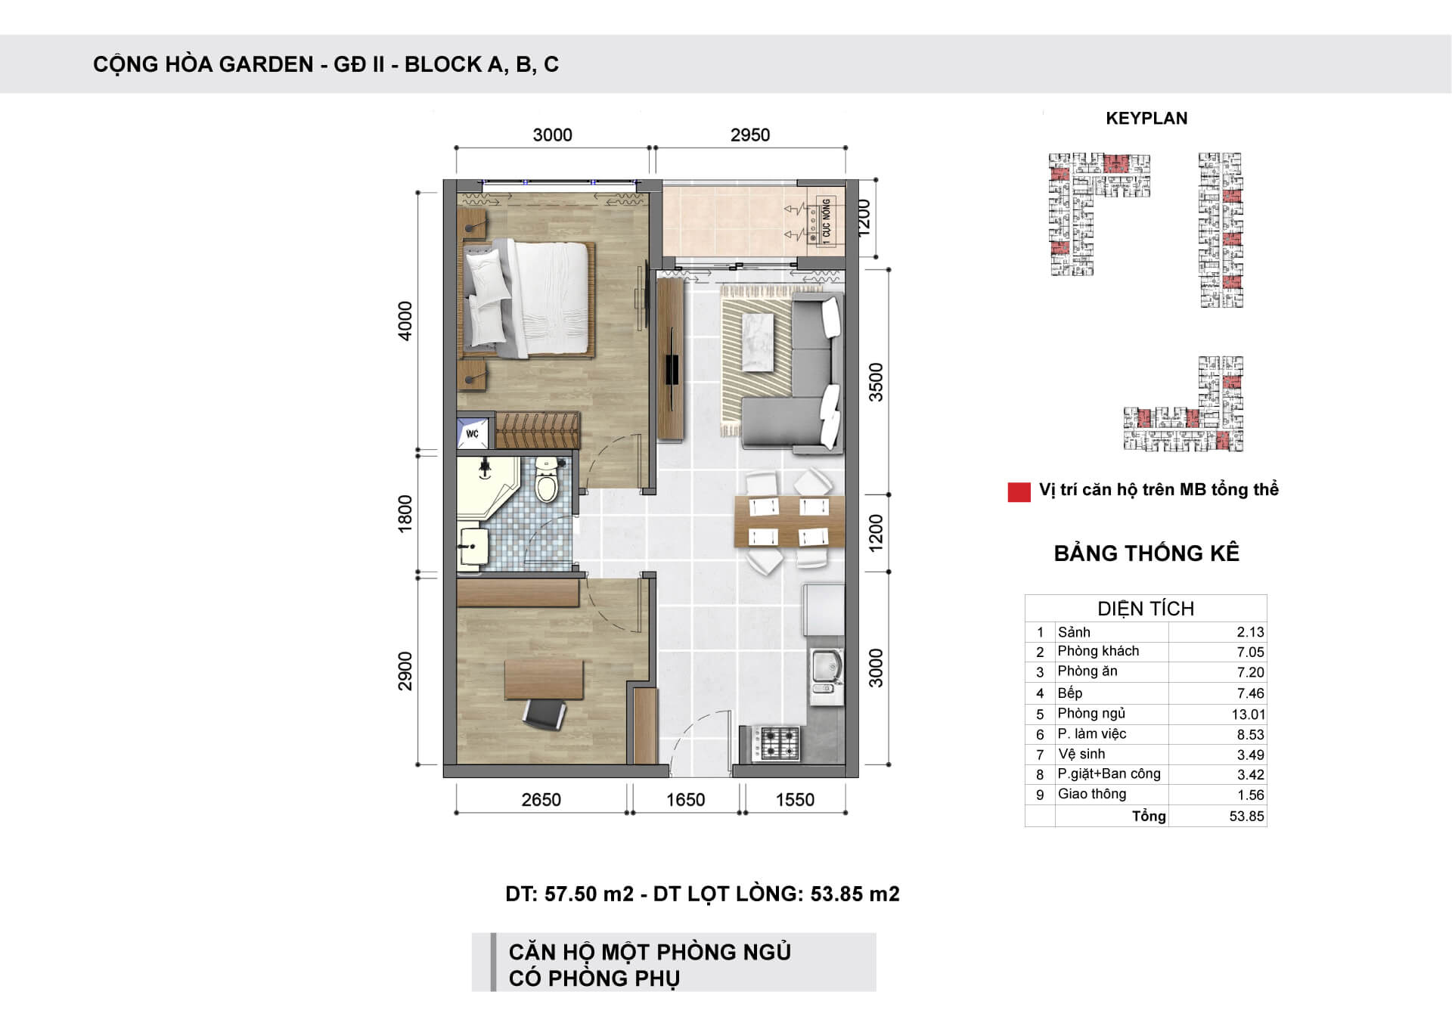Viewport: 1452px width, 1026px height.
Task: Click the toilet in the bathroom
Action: (x=545, y=479)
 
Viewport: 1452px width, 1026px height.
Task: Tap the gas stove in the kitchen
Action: (x=779, y=742)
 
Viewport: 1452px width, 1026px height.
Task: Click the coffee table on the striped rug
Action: (x=759, y=343)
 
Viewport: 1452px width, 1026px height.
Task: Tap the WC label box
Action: (x=473, y=434)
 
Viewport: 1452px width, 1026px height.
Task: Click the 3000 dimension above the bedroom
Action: (x=552, y=135)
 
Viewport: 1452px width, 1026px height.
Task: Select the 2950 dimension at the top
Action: (x=750, y=135)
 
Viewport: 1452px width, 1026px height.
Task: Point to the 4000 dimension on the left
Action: (x=406, y=321)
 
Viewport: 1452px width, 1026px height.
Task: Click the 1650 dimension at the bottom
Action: (x=685, y=800)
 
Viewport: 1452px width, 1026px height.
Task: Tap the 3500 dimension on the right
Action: (x=876, y=383)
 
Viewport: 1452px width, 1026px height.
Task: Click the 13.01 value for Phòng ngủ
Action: (x=1248, y=714)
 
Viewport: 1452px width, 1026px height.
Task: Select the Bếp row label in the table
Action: (x=1070, y=693)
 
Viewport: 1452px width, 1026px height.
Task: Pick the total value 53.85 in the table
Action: (x=1247, y=817)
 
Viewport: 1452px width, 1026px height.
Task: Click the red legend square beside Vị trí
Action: (x=1019, y=492)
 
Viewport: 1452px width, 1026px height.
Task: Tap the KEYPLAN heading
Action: (x=1146, y=119)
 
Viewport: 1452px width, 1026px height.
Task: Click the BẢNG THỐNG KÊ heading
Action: (x=1146, y=553)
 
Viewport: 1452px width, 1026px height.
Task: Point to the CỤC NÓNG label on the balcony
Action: (x=826, y=219)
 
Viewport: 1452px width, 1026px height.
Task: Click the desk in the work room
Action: (x=544, y=680)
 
